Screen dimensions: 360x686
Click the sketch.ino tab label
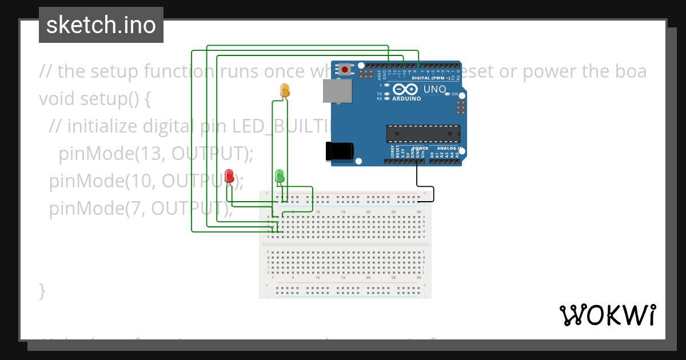pyautogui.click(x=101, y=25)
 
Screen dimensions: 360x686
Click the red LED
pyautogui.click(x=229, y=176)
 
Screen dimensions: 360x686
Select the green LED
pyautogui.click(x=280, y=176)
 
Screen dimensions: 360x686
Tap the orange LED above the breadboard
pyautogui.click(x=285, y=90)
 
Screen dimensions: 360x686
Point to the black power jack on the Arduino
pyautogui.click(x=339, y=151)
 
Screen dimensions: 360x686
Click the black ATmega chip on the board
pyautogui.click(x=423, y=133)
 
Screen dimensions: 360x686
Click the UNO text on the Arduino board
pyautogui.click(x=434, y=90)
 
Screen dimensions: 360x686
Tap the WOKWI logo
pyautogui.click(x=607, y=315)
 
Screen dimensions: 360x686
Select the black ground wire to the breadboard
pyautogui.click(x=433, y=193)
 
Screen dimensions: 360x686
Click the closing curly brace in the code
pyautogui.click(x=42, y=290)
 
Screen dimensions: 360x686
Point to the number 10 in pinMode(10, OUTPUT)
pyautogui.click(x=145, y=181)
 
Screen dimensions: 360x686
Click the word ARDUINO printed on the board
pyautogui.click(x=406, y=99)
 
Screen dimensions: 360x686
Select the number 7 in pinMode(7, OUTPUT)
pyautogui.click(x=139, y=209)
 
